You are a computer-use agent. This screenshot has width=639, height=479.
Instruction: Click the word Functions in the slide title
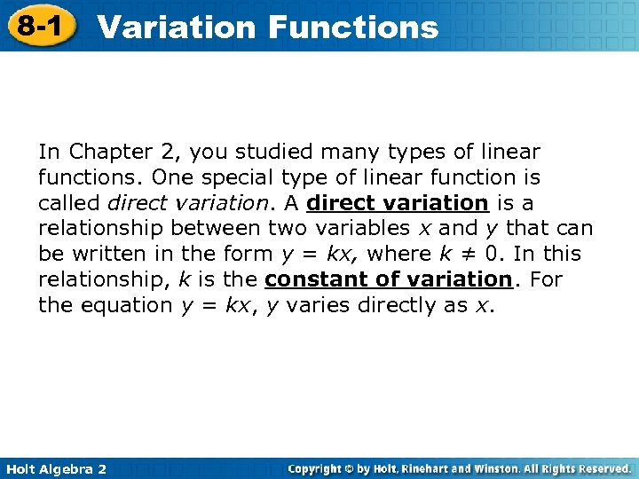(353, 27)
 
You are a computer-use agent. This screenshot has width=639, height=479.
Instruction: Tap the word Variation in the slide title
(177, 27)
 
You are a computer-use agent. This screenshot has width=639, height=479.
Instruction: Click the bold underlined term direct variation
(398, 203)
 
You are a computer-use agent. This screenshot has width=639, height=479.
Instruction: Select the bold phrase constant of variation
(389, 279)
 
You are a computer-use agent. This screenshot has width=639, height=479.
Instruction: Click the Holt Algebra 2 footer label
(54, 468)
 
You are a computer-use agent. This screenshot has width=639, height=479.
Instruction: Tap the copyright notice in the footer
(460, 468)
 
